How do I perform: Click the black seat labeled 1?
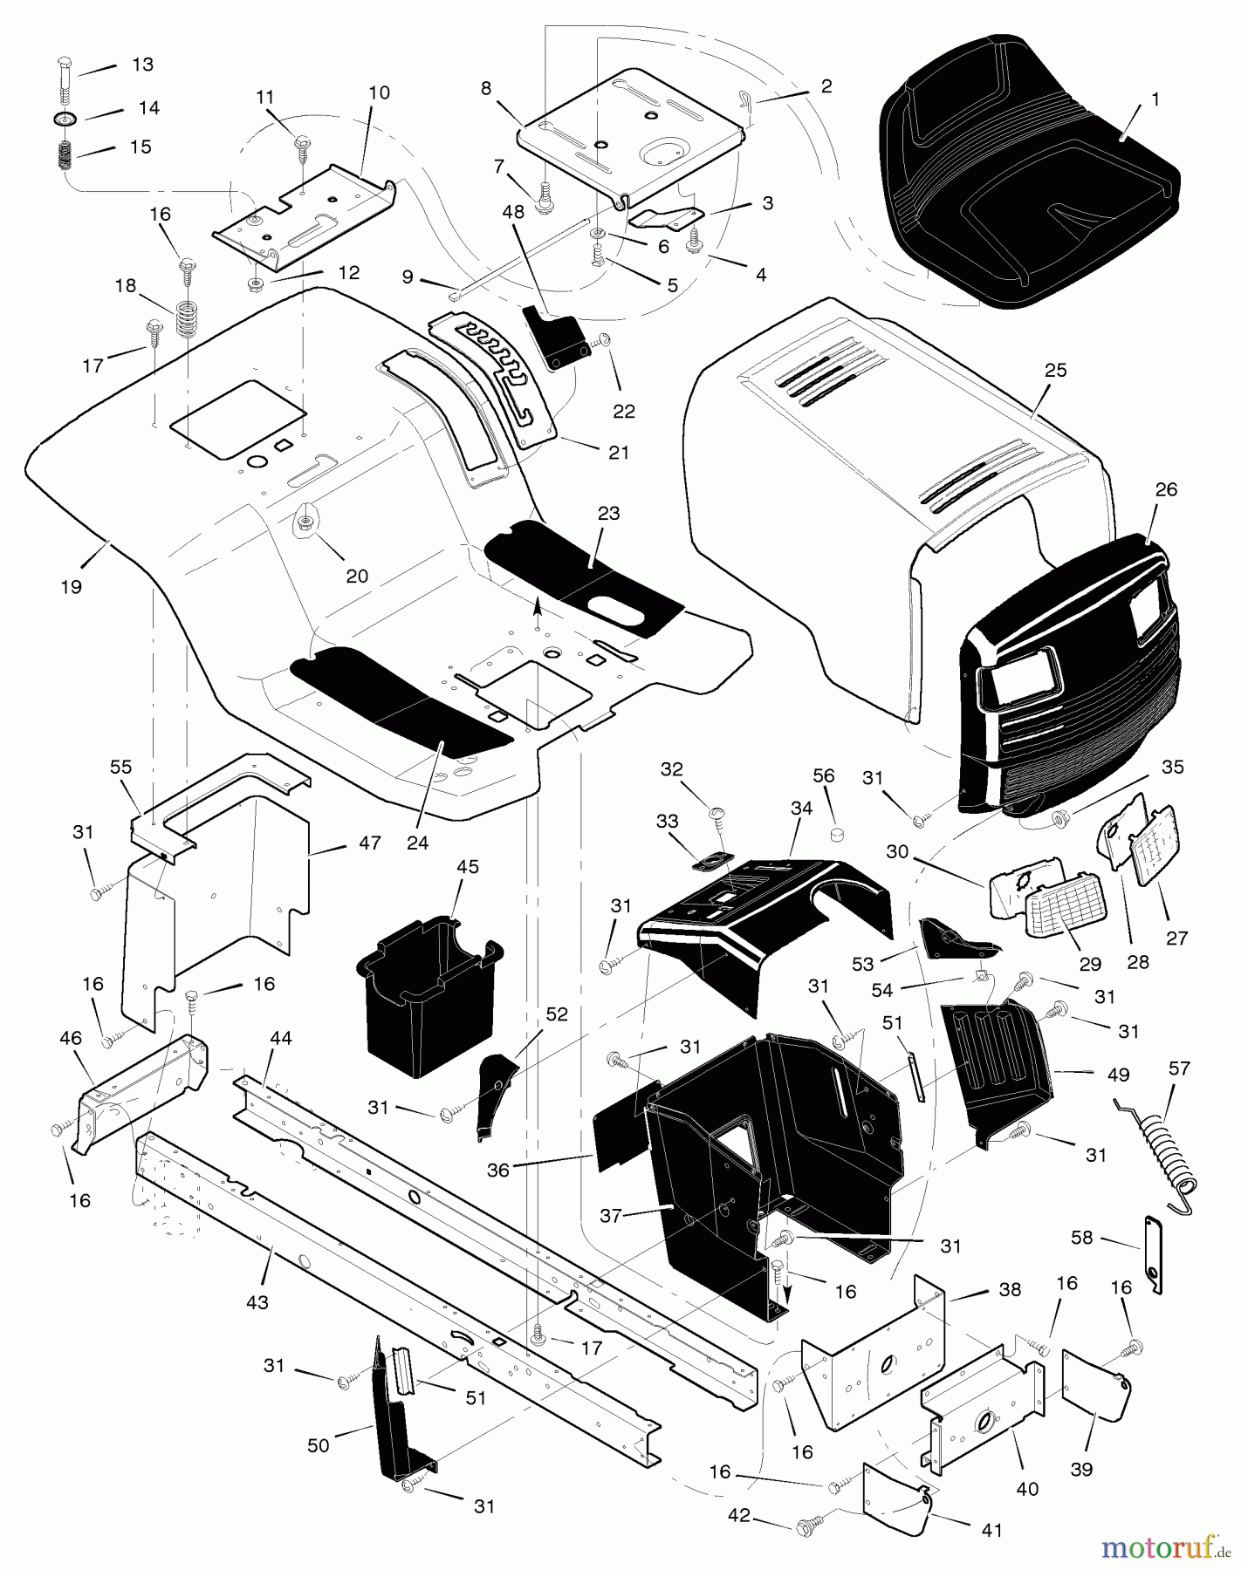(1030, 174)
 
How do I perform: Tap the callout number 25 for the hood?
(1055, 371)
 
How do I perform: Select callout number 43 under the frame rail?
(257, 1303)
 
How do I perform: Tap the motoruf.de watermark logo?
(1161, 1547)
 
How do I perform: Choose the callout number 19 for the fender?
(72, 587)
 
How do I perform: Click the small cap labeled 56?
(835, 836)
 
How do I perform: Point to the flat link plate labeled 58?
(1154, 1257)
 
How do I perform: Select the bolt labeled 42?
(806, 1524)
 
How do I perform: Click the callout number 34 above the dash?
(801, 809)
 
